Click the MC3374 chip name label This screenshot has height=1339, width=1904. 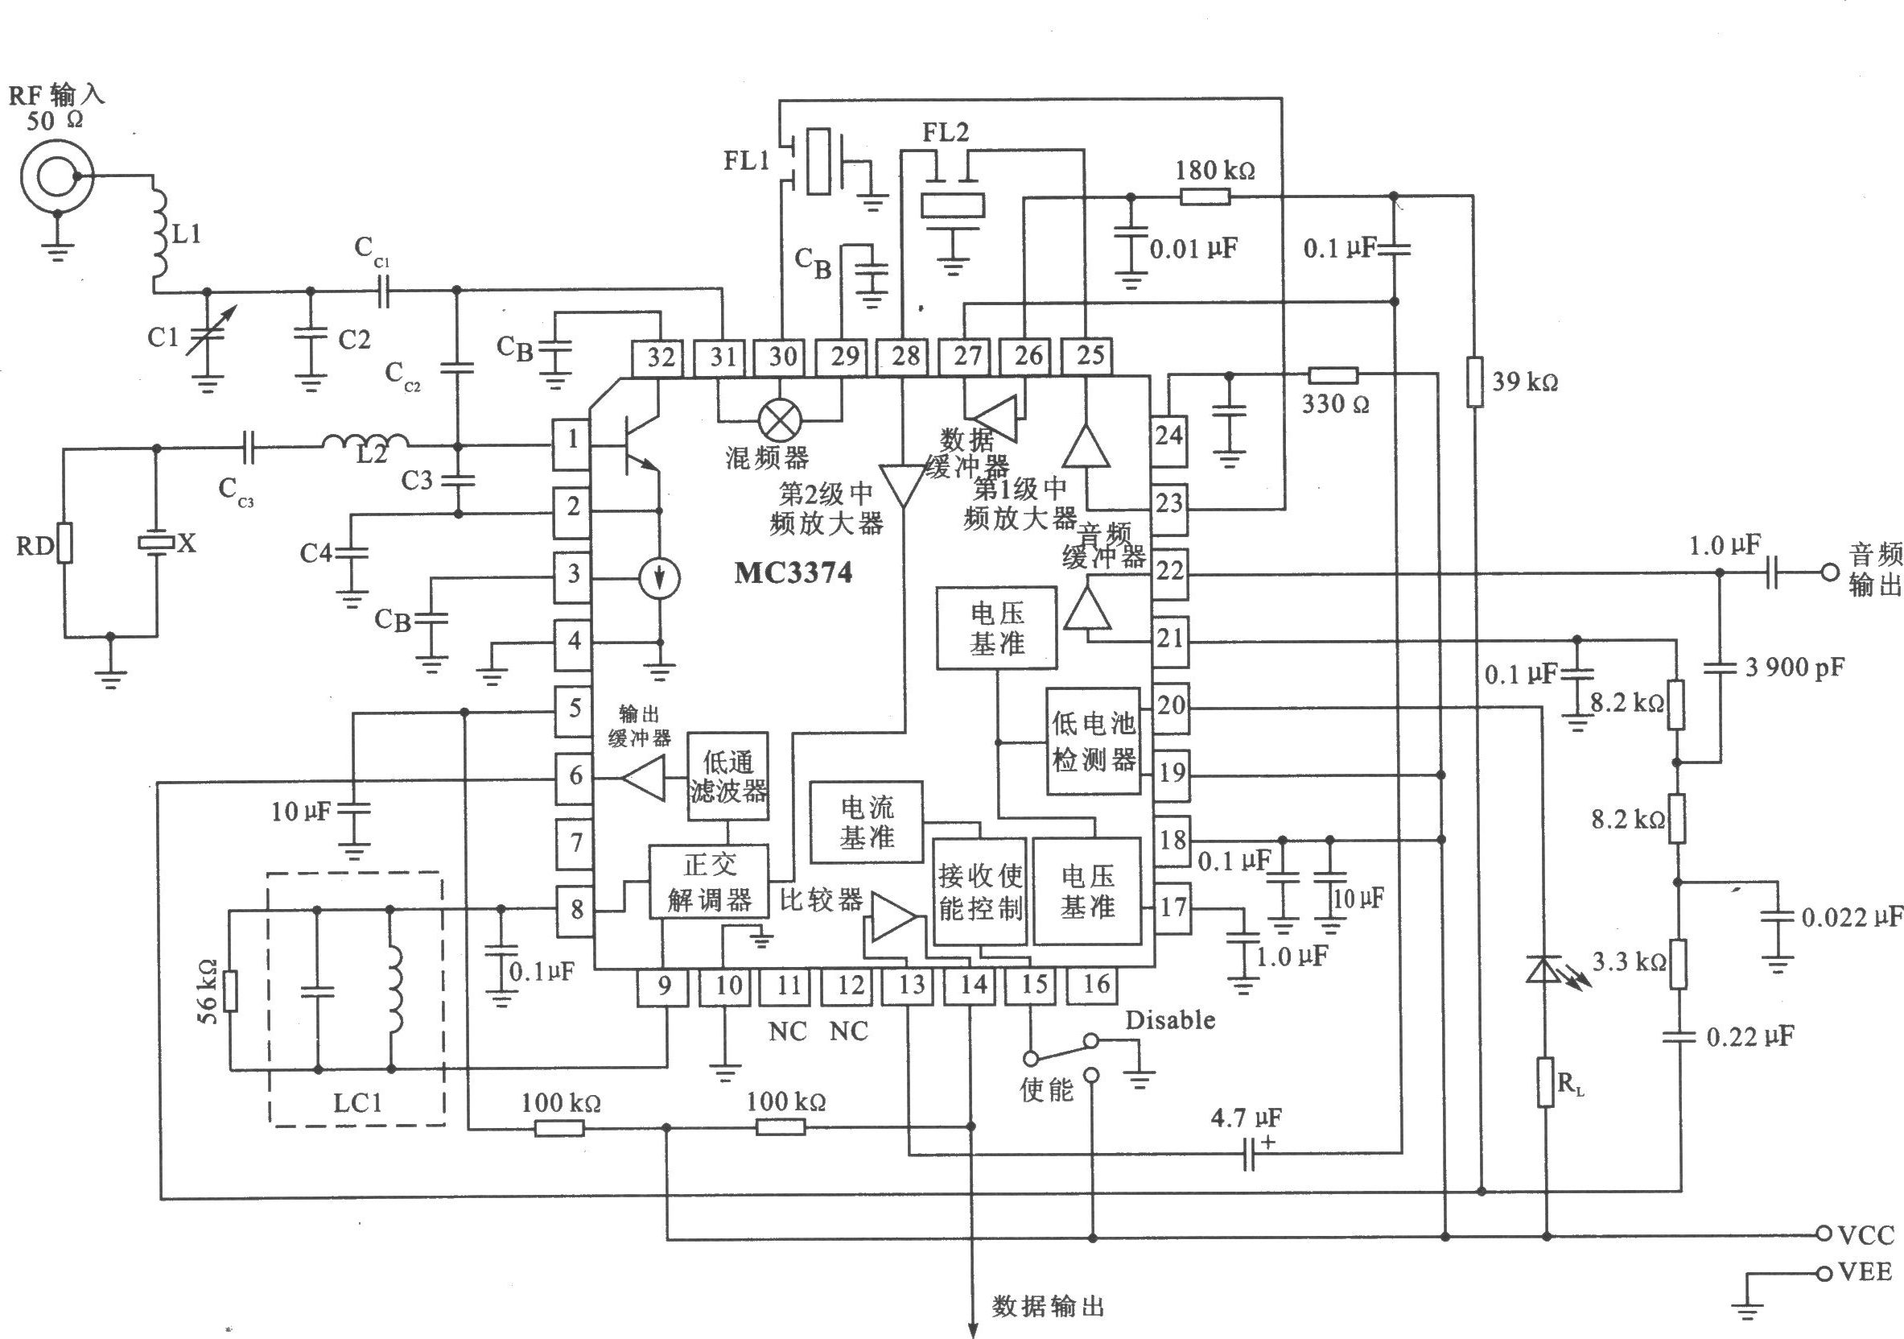(793, 572)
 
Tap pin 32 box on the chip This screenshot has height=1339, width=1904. (660, 357)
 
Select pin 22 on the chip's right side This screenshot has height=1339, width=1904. (1169, 572)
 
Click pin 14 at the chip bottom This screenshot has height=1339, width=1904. (973, 986)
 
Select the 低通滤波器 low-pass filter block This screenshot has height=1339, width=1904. (728, 775)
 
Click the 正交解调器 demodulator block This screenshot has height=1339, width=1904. (709, 881)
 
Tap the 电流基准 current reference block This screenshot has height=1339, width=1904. (868, 821)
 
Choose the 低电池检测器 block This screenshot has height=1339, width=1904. (1093, 741)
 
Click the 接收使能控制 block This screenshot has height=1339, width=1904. (980, 892)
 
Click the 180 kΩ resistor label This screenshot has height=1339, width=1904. (1215, 170)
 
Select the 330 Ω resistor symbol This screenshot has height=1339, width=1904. (1333, 374)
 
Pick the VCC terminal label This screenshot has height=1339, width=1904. (1866, 1235)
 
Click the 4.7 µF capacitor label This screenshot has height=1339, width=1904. (1246, 1118)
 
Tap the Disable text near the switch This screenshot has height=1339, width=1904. (1170, 1019)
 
